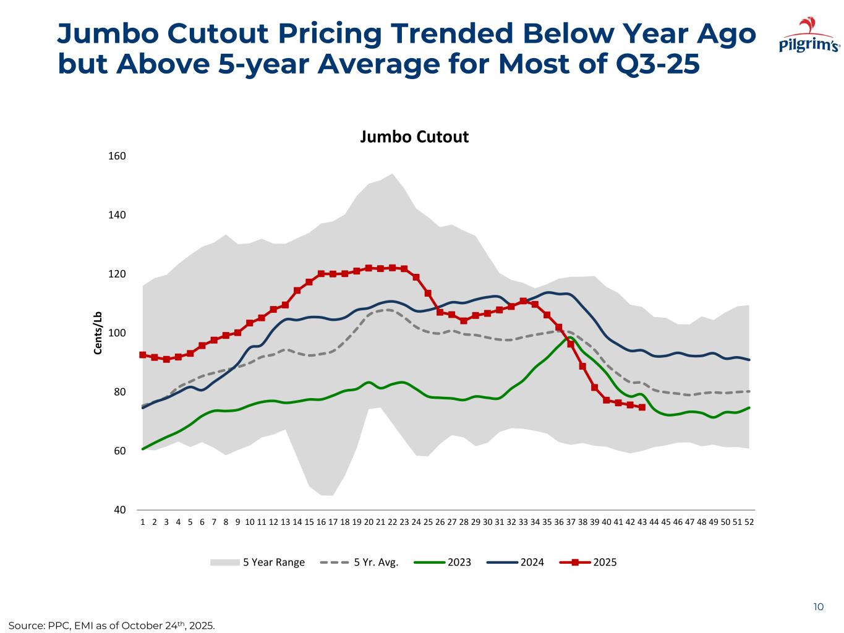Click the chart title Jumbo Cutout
(414, 137)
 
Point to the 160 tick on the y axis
(117, 156)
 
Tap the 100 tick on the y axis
(117, 333)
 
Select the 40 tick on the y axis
(119, 510)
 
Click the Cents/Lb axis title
(98, 333)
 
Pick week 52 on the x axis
(749, 522)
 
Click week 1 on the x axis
(143, 522)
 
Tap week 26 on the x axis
(440, 522)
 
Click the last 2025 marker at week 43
(642, 407)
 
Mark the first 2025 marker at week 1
(143, 355)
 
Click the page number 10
(818, 607)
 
